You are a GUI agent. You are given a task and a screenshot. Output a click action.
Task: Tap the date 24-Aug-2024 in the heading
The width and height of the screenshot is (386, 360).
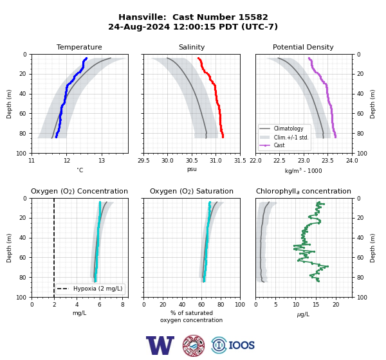tap(139, 26)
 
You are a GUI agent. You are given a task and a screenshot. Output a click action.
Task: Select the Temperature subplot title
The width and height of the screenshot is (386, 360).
tap(79, 47)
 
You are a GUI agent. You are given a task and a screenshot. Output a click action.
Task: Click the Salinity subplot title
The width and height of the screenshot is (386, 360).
tap(192, 47)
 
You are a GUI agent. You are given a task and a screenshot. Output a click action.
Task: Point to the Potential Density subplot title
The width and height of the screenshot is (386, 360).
tap(303, 47)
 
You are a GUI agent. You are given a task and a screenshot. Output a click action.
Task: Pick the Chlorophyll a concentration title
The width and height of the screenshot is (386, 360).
tap(304, 191)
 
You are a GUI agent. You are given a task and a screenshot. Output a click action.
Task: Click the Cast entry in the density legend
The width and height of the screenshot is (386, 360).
tap(279, 145)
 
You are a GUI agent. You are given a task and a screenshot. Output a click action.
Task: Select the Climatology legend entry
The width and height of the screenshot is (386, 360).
tap(288, 129)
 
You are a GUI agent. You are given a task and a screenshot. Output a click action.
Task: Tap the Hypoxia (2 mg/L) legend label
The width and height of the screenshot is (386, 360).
tap(98, 289)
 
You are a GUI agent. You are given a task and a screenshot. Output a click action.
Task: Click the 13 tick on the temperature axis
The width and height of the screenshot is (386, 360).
tap(102, 161)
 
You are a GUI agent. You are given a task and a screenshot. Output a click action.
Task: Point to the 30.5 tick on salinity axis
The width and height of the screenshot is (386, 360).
tap(192, 161)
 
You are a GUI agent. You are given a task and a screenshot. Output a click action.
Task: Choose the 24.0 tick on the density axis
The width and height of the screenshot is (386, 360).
tap(352, 161)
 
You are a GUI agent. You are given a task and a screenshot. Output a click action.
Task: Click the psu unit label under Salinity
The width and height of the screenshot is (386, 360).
tap(192, 169)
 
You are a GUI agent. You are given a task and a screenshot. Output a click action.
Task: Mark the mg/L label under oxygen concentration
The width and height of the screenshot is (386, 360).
tap(79, 313)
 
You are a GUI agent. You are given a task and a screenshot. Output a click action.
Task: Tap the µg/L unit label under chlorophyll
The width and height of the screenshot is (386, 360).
tap(303, 314)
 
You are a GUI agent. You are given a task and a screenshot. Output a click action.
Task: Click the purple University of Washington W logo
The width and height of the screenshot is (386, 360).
tap(160, 345)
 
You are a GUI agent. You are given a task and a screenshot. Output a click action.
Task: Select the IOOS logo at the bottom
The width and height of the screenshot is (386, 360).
tap(233, 345)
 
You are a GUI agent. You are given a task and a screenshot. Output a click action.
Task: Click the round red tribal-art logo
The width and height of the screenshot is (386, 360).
tap(194, 345)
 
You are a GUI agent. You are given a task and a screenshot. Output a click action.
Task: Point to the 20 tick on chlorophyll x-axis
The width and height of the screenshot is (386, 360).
tap(336, 305)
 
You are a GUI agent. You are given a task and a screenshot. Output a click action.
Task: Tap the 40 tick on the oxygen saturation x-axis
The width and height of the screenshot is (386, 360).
tap(182, 305)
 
